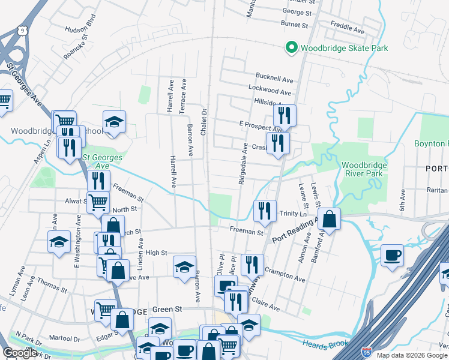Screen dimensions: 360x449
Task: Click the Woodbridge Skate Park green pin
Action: pos(291,47)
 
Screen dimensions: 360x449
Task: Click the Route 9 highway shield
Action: pos(22,29)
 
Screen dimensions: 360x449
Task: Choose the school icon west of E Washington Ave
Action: pos(59,242)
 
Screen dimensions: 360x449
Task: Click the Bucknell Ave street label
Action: pos(274,79)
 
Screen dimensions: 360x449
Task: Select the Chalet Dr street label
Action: pos(203,122)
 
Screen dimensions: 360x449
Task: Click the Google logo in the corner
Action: pos(20,353)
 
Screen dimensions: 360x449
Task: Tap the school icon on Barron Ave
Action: pos(185,266)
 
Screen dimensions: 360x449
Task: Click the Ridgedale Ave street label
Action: pos(243,163)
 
